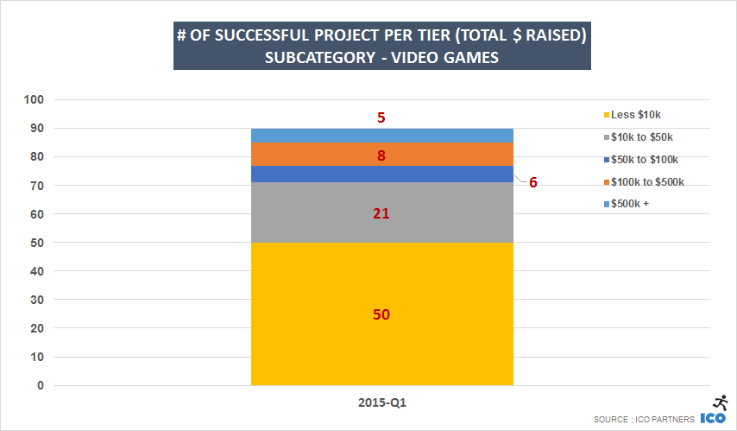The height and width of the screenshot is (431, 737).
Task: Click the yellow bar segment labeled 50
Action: point(381,328)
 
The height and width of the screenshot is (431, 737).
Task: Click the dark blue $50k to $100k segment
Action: point(381,174)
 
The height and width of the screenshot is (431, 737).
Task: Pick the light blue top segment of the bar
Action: point(381,136)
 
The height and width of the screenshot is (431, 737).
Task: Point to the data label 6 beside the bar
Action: point(533,183)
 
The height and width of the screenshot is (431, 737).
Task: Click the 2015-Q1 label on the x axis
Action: point(381,403)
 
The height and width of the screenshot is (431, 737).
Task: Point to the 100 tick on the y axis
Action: point(34,100)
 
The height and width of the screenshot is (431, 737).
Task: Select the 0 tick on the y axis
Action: point(40,386)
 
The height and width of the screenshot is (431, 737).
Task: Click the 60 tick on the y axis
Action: point(36,214)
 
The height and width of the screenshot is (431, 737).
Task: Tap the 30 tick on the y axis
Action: point(36,300)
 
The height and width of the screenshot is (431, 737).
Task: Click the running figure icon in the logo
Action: point(719,402)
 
